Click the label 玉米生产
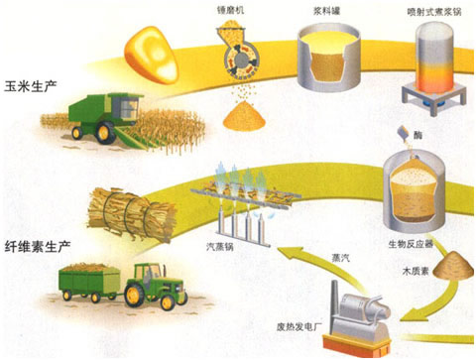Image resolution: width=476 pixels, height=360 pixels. pos(29,87)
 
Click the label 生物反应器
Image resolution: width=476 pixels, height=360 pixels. pos(410,241)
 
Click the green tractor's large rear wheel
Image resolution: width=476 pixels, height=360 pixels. pos(170,292)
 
